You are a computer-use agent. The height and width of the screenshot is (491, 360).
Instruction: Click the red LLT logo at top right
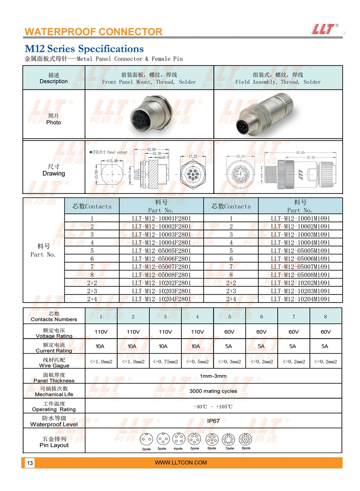point(324,28)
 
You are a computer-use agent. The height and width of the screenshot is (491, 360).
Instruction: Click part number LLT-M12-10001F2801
point(161,218)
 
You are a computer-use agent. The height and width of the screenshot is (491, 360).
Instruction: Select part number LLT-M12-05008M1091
point(300,275)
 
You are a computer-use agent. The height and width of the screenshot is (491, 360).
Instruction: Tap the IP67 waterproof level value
point(213,421)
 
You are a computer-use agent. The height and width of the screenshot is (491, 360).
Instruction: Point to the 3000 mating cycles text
point(213,391)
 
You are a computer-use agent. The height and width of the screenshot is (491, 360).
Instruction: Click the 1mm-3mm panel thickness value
point(213,376)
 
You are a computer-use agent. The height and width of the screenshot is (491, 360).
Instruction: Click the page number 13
point(30,463)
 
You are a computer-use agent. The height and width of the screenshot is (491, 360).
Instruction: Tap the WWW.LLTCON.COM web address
point(181,463)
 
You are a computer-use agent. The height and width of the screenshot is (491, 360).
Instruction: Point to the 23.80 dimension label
point(151,149)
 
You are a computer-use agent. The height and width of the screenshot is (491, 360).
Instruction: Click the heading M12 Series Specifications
point(84,49)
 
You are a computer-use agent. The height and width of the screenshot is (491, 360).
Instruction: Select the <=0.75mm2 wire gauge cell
point(165,361)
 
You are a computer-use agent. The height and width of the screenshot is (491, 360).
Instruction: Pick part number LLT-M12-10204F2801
point(161,299)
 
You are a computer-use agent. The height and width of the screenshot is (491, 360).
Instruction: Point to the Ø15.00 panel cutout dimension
point(112,161)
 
